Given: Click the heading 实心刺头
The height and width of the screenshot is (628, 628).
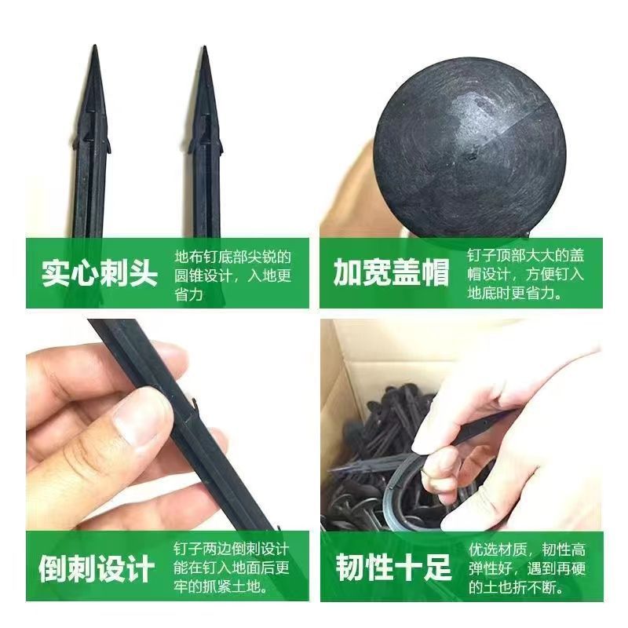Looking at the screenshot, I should [99, 274].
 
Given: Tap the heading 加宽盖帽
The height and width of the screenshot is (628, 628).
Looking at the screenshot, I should [391, 274].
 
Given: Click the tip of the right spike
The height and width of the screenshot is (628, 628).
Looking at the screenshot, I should [204, 49].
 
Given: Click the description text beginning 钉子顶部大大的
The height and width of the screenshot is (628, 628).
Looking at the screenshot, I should [525, 274].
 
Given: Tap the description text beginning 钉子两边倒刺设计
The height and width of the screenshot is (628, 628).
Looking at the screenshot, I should [232, 567].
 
